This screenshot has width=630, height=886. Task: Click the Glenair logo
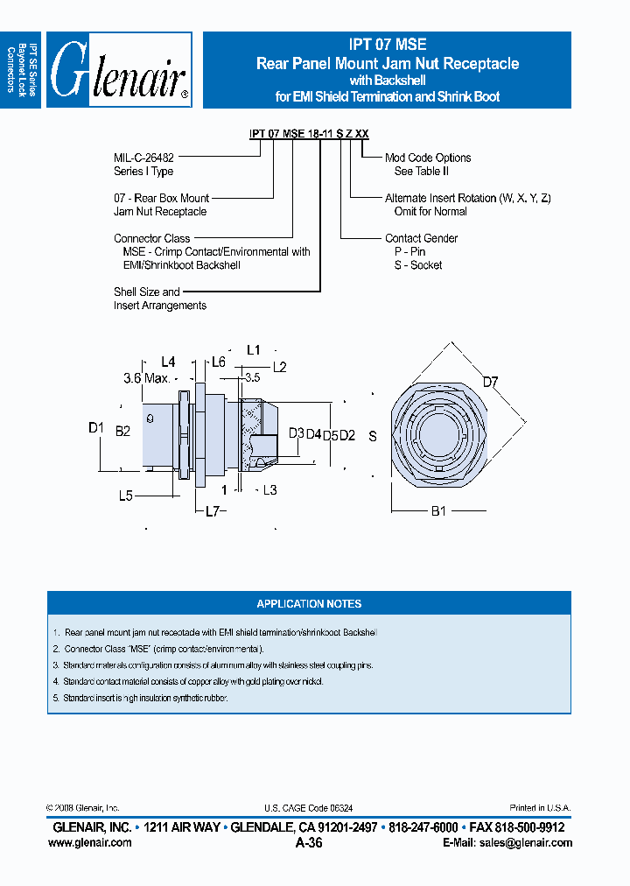118,70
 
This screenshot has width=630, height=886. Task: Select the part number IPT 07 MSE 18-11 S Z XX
309,134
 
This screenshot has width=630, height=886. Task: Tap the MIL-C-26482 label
143,158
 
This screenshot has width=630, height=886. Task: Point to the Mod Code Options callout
428,158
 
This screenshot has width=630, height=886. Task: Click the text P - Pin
409,252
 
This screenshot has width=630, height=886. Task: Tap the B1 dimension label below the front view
437,510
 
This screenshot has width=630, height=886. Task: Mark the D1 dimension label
96,427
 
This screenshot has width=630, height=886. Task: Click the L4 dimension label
169,361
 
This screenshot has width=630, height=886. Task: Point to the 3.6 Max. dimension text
145,378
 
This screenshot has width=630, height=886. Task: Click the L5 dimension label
126,495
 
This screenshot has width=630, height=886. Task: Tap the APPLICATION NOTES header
309,604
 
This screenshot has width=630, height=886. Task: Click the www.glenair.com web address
89,842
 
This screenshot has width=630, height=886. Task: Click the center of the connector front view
435,434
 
